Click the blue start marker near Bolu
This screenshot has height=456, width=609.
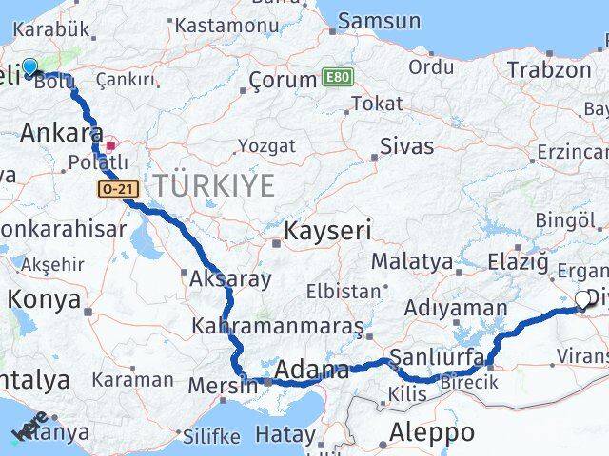(x=29, y=66)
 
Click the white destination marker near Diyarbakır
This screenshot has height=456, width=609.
(x=582, y=300)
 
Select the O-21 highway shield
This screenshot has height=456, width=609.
(x=118, y=190)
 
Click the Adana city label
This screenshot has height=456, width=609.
(x=312, y=370)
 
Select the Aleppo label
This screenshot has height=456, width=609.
(x=432, y=433)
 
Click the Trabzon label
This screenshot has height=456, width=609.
(x=549, y=69)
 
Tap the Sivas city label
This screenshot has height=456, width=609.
(x=406, y=146)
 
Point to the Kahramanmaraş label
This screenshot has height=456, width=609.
(x=278, y=327)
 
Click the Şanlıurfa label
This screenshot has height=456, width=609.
(x=440, y=361)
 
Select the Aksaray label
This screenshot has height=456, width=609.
(x=230, y=279)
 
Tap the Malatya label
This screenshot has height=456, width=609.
(x=412, y=260)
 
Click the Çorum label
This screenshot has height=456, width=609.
(x=281, y=81)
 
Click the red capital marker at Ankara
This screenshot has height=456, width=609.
(x=111, y=146)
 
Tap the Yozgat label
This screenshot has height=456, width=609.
(x=266, y=146)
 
